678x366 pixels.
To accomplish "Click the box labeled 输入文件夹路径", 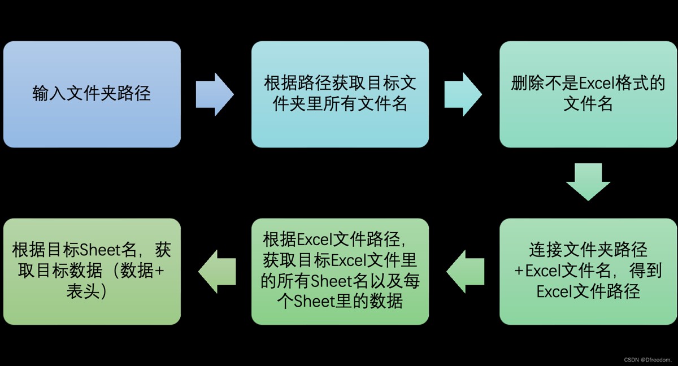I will pos(92,94).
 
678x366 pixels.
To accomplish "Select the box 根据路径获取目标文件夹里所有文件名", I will pos(340,94).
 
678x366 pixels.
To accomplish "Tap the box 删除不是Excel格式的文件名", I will pos(588,94).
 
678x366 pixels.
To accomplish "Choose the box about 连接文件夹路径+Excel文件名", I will pos(588,271).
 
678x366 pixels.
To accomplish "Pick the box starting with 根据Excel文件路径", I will pos(340,271).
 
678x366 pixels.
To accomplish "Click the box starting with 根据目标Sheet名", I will pos(92,271).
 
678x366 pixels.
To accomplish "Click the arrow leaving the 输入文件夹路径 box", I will pos(215,94).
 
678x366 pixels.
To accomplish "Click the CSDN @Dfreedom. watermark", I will pos(647,359).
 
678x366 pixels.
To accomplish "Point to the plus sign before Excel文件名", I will pos(519,271).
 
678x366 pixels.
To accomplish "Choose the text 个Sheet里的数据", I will pos(340,302).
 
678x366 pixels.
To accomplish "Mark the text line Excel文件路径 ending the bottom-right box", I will pos(588,292).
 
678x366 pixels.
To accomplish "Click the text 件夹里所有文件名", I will pos(340,104).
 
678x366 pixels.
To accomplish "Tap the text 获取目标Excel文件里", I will pos(340,260).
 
